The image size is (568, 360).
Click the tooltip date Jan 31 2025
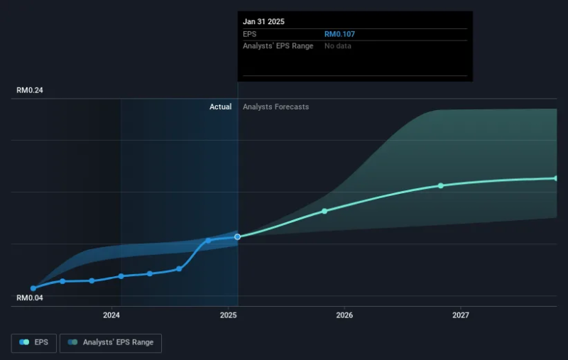(x=263, y=21)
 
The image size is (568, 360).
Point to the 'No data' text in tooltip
(x=338, y=46)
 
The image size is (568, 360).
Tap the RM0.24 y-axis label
(x=30, y=91)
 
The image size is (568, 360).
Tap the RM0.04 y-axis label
(x=30, y=298)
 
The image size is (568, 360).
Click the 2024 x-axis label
(x=111, y=315)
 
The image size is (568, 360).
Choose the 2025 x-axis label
(x=229, y=315)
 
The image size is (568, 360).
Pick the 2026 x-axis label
(x=344, y=315)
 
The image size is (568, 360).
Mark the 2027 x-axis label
(x=461, y=315)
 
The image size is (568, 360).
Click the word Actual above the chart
(x=220, y=107)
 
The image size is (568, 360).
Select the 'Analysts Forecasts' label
(x=275, y=107)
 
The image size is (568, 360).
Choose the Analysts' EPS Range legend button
(x=111, y=343)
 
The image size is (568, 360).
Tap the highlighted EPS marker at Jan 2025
(x=237, y=236)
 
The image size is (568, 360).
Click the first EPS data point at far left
(x=33, y=288)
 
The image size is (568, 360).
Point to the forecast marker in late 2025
(x=324, y=211)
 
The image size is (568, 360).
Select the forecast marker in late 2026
(x=441, y=185)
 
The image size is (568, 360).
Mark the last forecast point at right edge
(x=557, y=178)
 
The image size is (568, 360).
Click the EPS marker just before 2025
(x=208, y=240)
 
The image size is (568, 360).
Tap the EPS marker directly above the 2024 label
(x=121, y=276)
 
